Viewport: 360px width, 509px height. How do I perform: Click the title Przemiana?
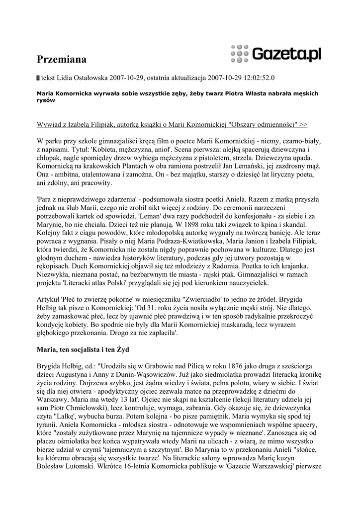(x=62, y=60)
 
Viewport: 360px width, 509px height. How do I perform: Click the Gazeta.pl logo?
(x=286, y=53)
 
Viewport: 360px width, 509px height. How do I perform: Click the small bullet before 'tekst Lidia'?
(x=39, y=78)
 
